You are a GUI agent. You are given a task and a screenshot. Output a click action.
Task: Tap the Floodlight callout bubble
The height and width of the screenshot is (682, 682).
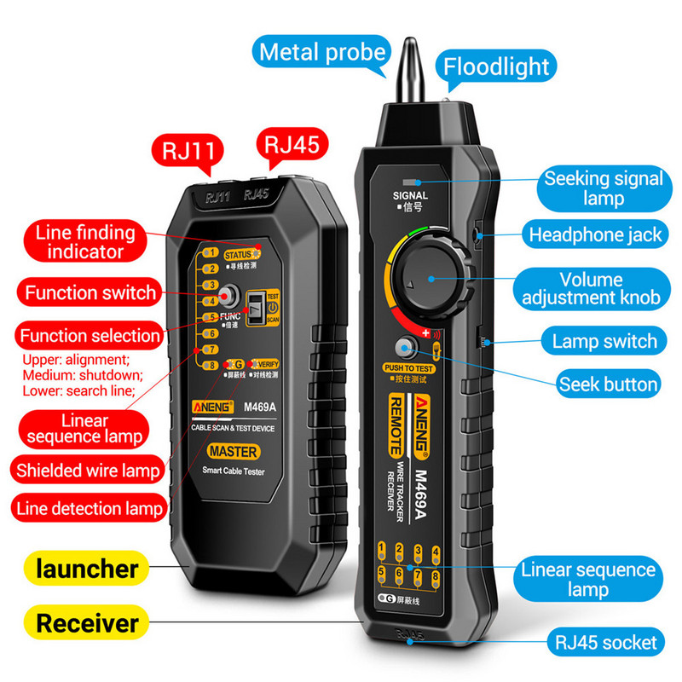(497, 66)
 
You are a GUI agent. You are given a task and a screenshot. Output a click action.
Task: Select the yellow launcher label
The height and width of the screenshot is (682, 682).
(88, 568)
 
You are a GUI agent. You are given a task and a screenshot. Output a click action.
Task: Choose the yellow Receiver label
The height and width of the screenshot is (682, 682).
(88, 622)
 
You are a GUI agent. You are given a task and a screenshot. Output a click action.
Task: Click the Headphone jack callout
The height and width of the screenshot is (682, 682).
(595, 234)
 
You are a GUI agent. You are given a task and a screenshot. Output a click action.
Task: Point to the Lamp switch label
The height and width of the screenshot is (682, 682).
(604, 342)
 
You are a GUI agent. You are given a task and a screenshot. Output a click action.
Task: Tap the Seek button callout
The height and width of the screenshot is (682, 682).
(608, 384)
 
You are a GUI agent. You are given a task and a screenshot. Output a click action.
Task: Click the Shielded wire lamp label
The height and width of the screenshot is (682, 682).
(88, 469)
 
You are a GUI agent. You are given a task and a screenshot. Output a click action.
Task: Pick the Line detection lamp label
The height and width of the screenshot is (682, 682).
(88, 509)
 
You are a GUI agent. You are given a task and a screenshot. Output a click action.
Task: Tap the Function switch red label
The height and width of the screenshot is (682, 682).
(90, 292)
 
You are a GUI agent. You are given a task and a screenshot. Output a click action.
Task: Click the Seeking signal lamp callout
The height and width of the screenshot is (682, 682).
(604, 188)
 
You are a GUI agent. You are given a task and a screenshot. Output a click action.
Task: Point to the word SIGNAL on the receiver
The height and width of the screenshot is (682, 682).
(410, 195)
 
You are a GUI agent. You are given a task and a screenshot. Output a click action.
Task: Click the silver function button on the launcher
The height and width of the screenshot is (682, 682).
(228, 296)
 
